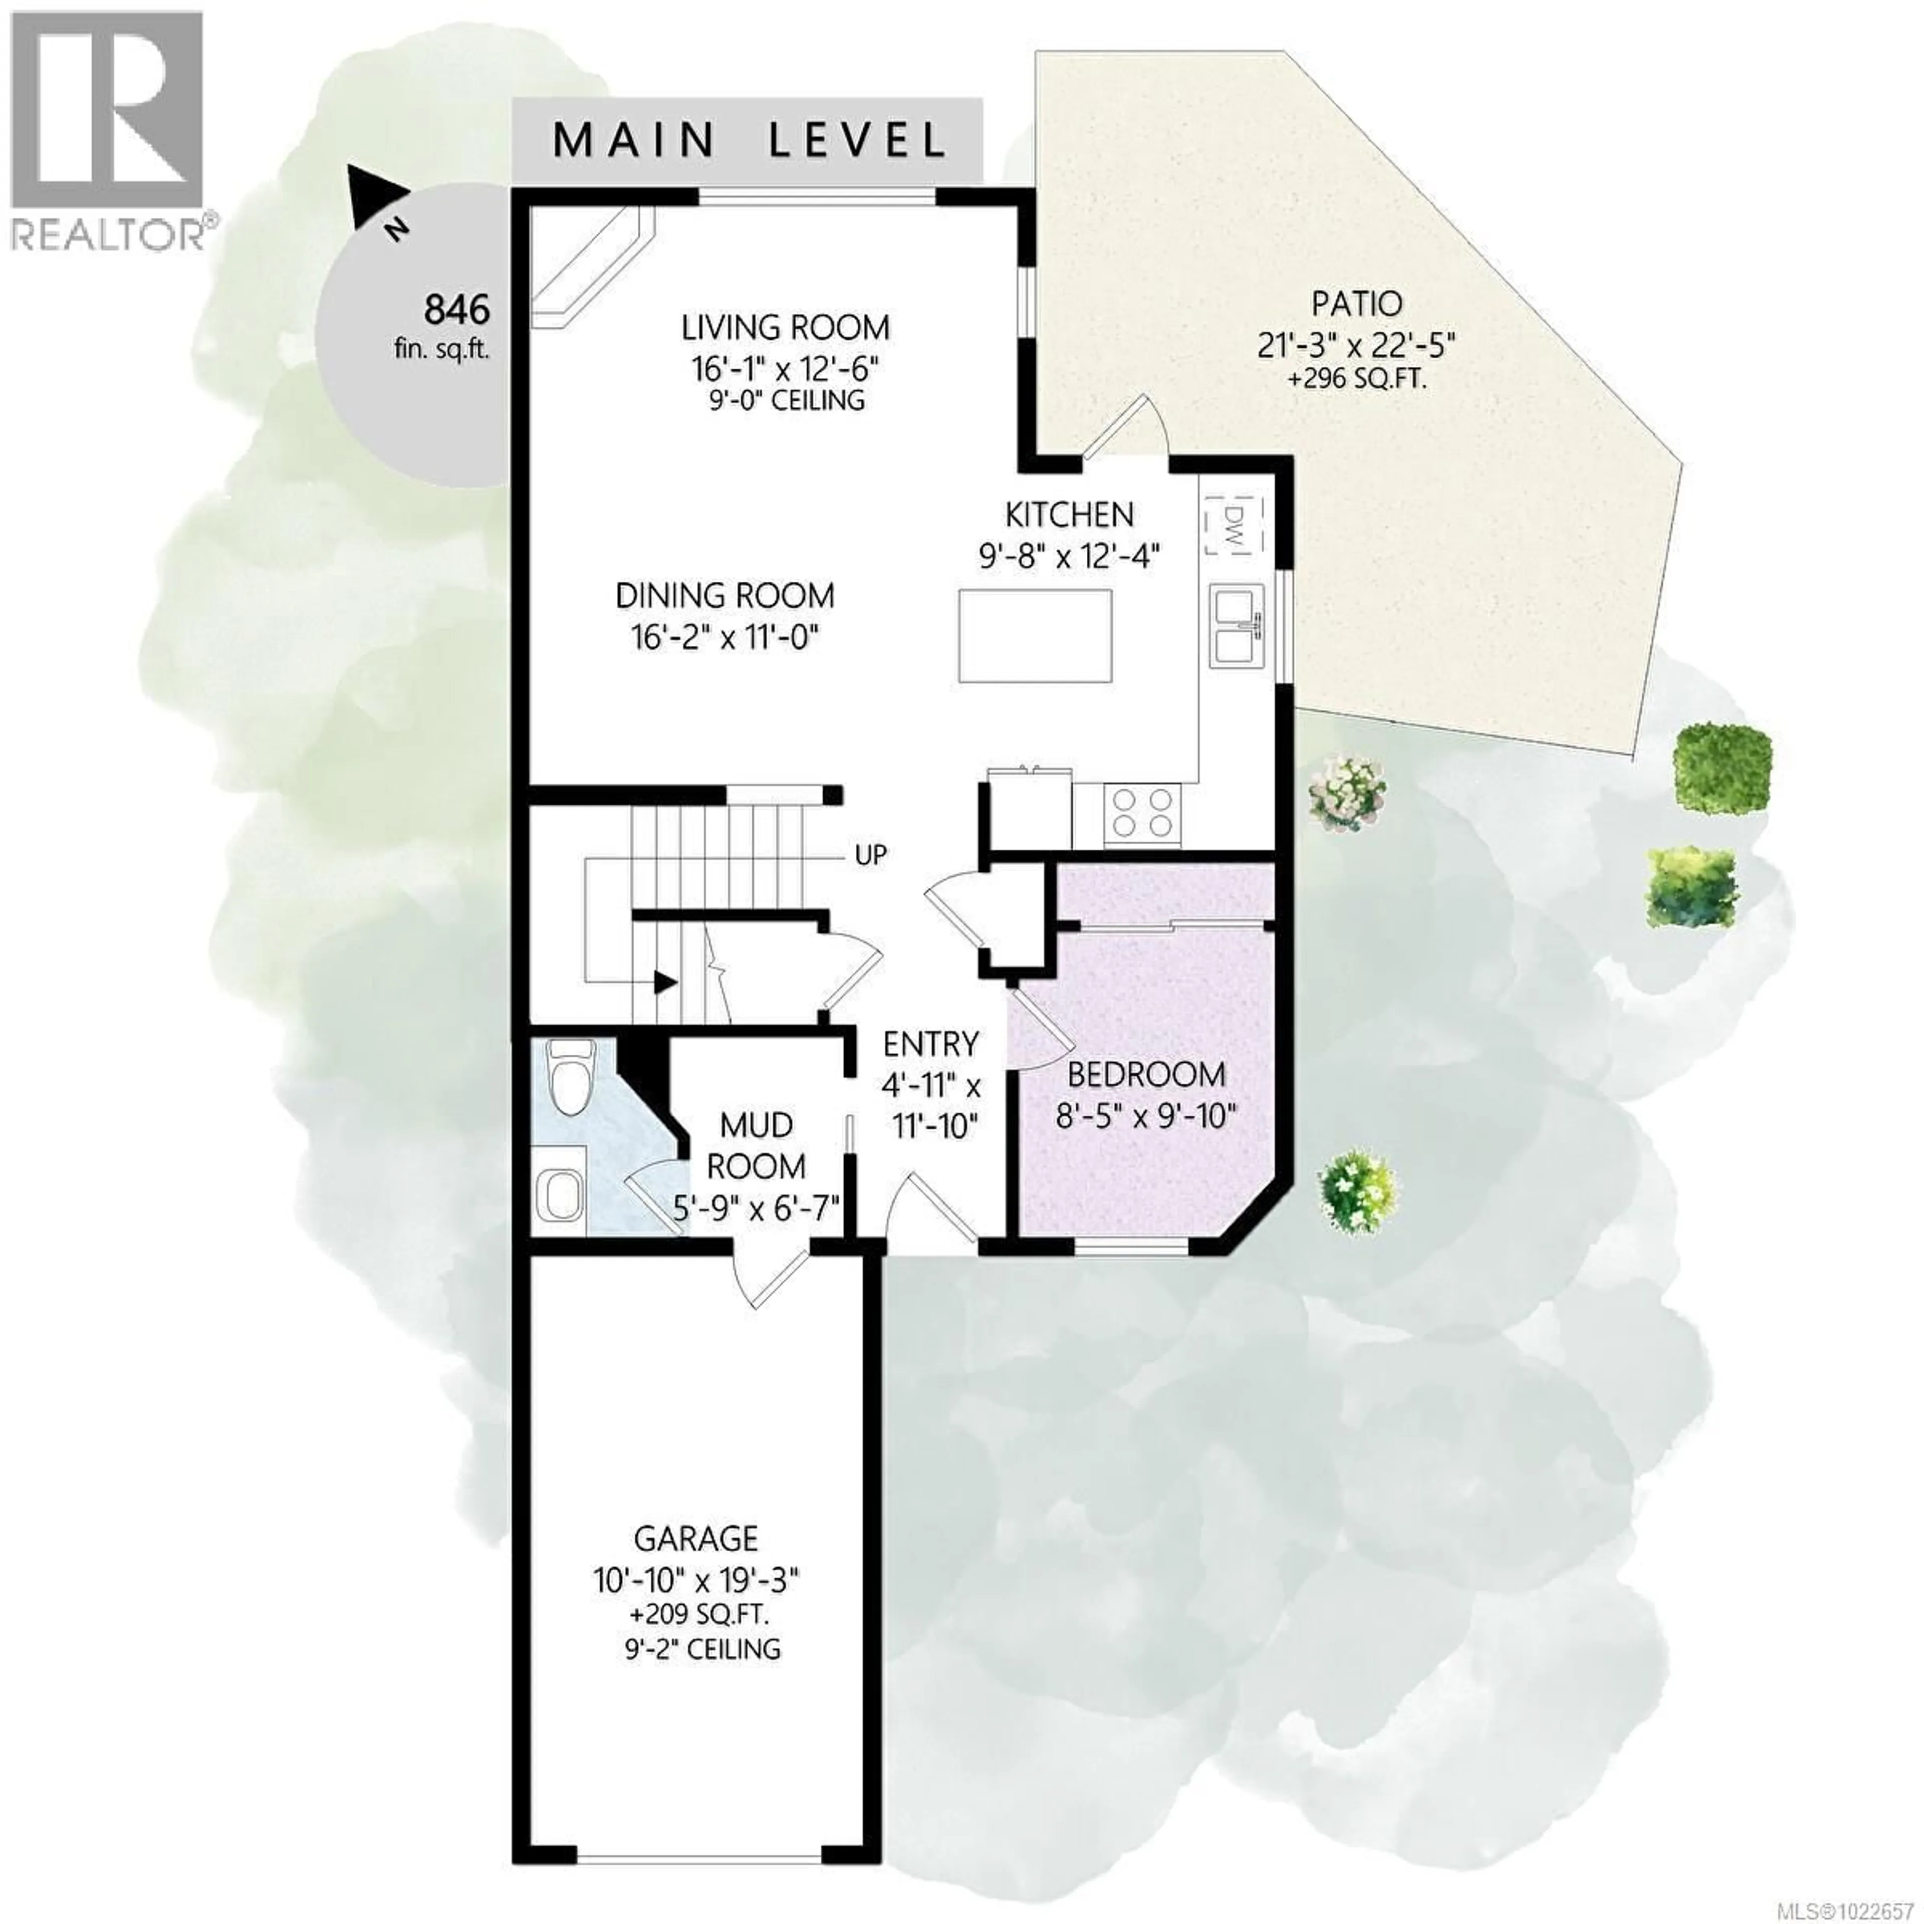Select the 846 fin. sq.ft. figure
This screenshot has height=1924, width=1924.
tap(457, 311)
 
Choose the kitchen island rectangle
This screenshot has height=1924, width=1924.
tap(1035, 635)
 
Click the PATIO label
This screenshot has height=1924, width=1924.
tap(1356, 303)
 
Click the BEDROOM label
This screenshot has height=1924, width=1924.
tap(1146, 1075)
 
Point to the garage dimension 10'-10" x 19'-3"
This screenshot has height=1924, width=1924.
tap(697, 1579)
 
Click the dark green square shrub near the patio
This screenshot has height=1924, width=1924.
tap(1722, 767)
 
